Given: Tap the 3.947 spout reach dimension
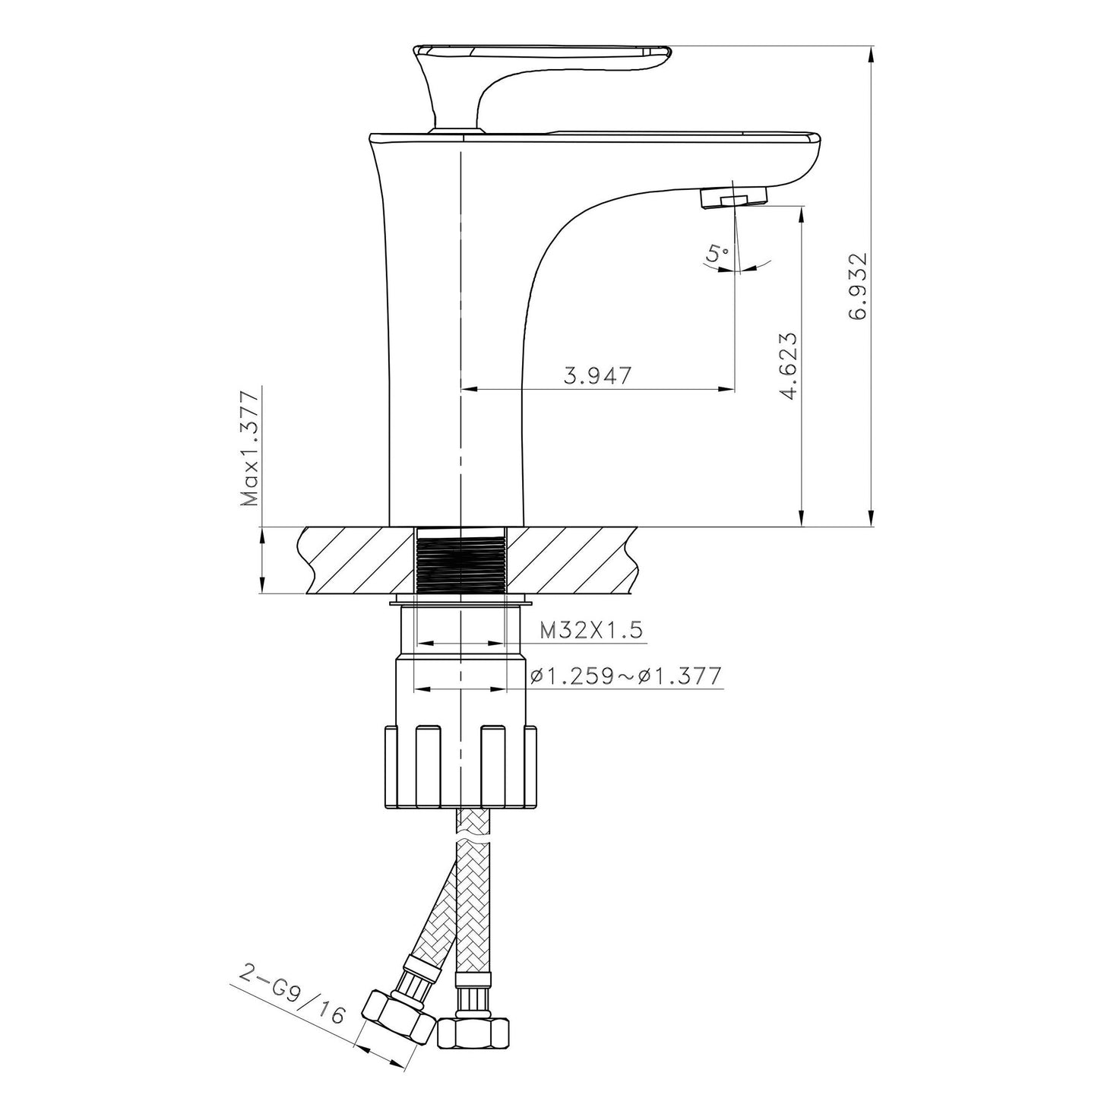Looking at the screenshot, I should (597, 376).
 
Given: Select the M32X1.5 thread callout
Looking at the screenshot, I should (591, 630).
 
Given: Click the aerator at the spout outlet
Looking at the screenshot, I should (733, 199).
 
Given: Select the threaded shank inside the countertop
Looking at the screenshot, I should (460, 562).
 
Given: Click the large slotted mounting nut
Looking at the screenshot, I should (461, 767).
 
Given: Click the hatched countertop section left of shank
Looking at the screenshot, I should (357, 562).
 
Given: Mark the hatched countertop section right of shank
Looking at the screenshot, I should (570, 562).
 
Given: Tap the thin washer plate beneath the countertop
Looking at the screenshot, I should (460, 603).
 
